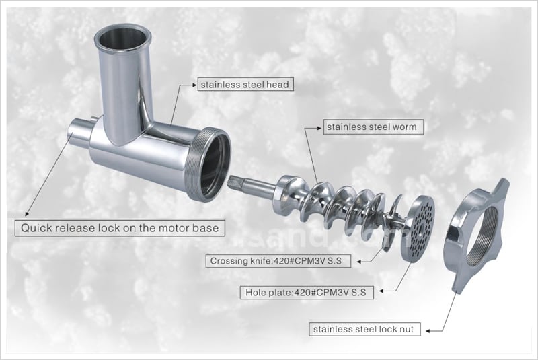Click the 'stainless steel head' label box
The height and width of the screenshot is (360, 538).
(x=245, y=84)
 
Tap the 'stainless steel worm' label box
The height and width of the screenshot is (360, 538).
(x=373, y=127)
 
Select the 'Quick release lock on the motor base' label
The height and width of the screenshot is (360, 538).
(x=120, y=228)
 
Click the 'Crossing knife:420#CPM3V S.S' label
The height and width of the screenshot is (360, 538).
(x=278, y=261)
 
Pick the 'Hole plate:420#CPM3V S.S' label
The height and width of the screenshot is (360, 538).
(x=307, y=293)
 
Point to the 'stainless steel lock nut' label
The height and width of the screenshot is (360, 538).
(x=364, y=330)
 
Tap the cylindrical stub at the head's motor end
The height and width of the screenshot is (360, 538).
(x=81, y=131)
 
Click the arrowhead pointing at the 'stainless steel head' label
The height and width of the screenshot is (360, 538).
(x=194, y=84)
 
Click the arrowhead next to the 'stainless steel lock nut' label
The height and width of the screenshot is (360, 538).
(x=428, y=331)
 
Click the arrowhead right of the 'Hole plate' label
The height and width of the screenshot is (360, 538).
(x=381, y=291)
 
